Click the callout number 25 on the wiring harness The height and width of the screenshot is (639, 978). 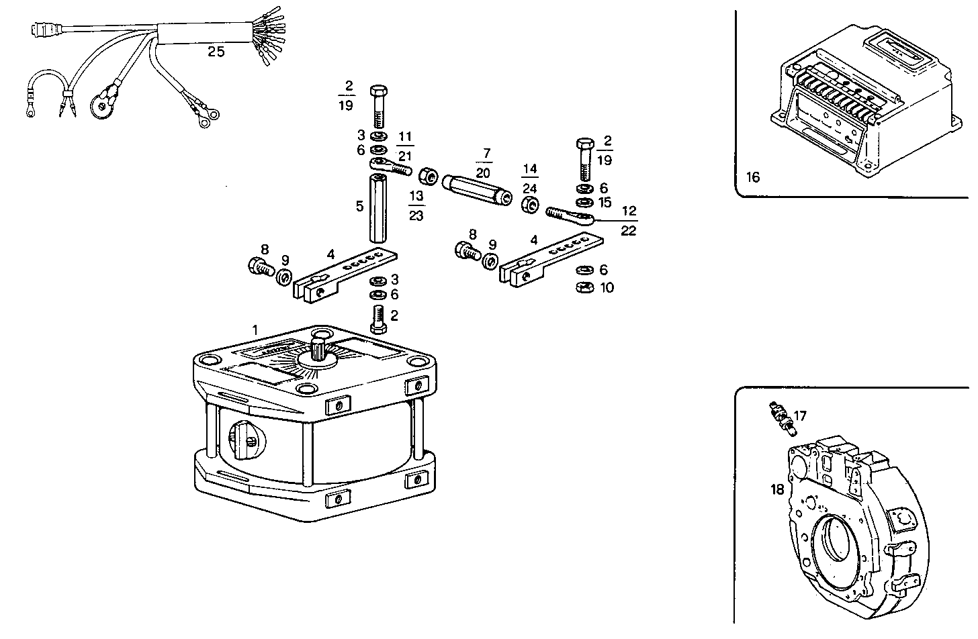point(216,52)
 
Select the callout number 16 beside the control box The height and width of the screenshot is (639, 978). point(753,177)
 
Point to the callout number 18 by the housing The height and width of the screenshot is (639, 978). point(777,490)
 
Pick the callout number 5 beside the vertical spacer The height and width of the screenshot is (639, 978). point(360,206)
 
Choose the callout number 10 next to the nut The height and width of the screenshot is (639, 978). point(607,288)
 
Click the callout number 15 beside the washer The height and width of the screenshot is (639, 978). point(605,202)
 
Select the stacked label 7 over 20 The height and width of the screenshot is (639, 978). point(484,163)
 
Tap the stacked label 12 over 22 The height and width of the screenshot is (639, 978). point(629,221)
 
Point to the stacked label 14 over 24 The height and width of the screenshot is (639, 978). point(530,179)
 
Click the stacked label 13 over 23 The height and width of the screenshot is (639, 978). point(416,205)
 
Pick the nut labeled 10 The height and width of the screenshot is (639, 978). point(584,288)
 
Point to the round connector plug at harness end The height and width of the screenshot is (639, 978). point(41,30)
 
